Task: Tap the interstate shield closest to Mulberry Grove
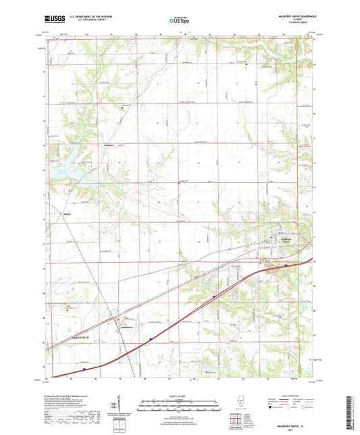click(286, 265)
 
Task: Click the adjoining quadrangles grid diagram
click(236, 422)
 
